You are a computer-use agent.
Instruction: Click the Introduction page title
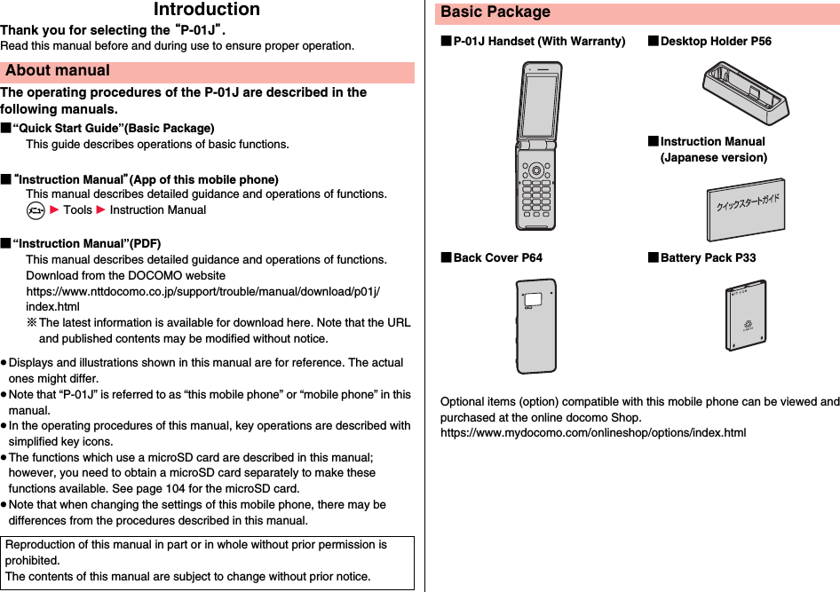pos(207,10)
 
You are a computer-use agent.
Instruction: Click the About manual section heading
pos(57,71)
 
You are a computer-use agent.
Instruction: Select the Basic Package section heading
pos(495,12)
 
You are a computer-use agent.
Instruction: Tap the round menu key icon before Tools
pos(35,210)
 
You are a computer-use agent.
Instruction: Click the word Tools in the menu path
pos(77,210)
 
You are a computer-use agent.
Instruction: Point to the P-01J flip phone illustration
pos(538,146)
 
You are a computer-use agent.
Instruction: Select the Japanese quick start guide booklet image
pos(745,209)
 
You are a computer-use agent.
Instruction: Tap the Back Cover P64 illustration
pos(537,325)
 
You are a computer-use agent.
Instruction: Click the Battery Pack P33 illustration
pos(744,316)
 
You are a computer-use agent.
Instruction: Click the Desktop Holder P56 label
pos(715,42)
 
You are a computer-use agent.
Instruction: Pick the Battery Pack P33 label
pos(708,258)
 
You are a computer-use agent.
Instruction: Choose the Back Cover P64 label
pos(497,258)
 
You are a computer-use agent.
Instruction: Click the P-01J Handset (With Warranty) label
pos(538,42)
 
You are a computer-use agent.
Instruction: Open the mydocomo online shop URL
pos(593,433)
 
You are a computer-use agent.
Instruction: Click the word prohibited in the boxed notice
pos(33,561)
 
